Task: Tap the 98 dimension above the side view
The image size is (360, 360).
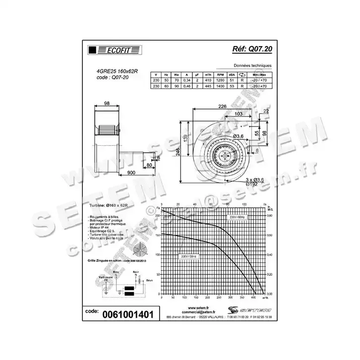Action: [x=106, y=103]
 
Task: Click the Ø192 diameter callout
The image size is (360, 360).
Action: [x=253, y=183]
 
